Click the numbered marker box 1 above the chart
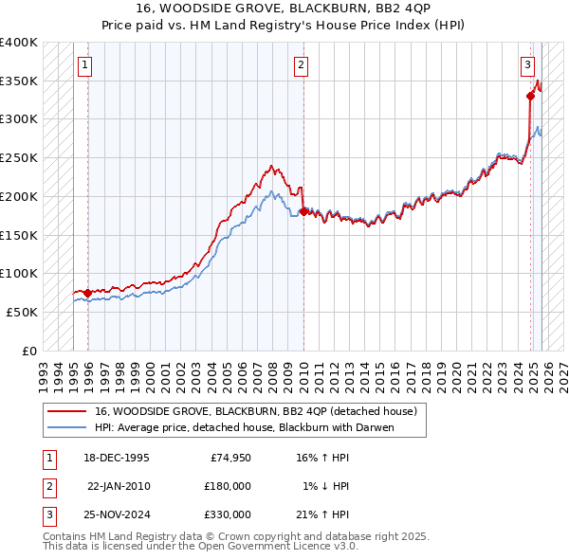[85, 65]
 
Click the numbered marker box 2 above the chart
[301, 65]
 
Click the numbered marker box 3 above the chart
[527, 65]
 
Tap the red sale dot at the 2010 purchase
[303, 211]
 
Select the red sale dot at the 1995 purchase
[88, 293]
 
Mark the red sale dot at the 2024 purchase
[530, 96]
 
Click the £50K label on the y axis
[22, 312]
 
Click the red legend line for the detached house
[66, 411]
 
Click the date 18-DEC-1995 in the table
[117, 458]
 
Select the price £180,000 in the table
[227, 486]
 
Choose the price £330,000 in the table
[227, 514]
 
